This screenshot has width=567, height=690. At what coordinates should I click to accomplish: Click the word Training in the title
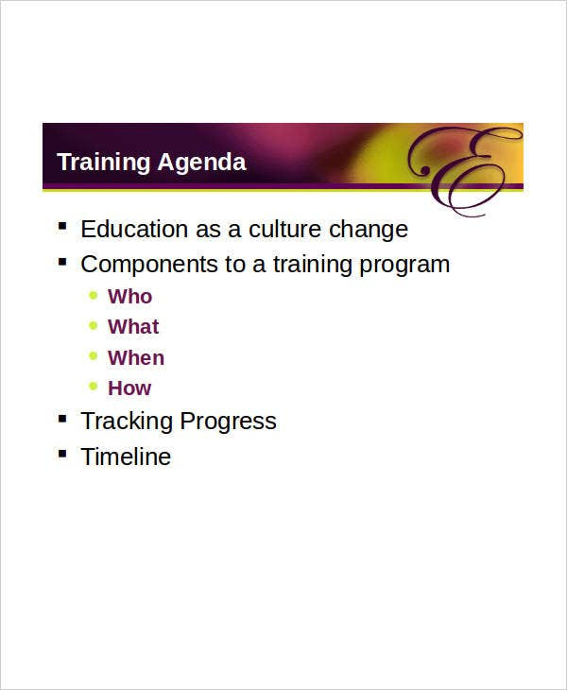coord(104,163)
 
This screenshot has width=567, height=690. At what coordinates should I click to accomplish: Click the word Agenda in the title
coord(201,163)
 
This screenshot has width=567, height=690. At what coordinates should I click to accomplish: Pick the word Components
coord(149,265)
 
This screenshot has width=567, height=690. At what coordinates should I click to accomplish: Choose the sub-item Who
coord(129,297)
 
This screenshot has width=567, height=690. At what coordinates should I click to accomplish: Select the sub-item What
coord(133,326)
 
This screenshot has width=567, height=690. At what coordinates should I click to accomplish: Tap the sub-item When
coord(136,357)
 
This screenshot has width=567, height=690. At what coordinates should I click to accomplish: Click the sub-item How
coord(129,388)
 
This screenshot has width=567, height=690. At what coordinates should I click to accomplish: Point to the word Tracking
coord(128,422)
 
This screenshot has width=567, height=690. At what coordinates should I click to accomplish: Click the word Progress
coord(229,422)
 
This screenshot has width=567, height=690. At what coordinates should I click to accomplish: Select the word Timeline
coord(126,457)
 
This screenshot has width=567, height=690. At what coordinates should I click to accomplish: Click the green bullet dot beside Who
coord(93,295)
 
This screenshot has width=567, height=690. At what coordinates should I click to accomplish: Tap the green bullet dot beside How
coord(93,387)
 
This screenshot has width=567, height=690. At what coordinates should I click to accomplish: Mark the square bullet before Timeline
coord(62,454)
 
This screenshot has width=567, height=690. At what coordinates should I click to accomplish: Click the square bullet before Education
coord(62,227)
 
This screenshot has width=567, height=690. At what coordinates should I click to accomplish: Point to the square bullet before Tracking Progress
coord(62,419)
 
